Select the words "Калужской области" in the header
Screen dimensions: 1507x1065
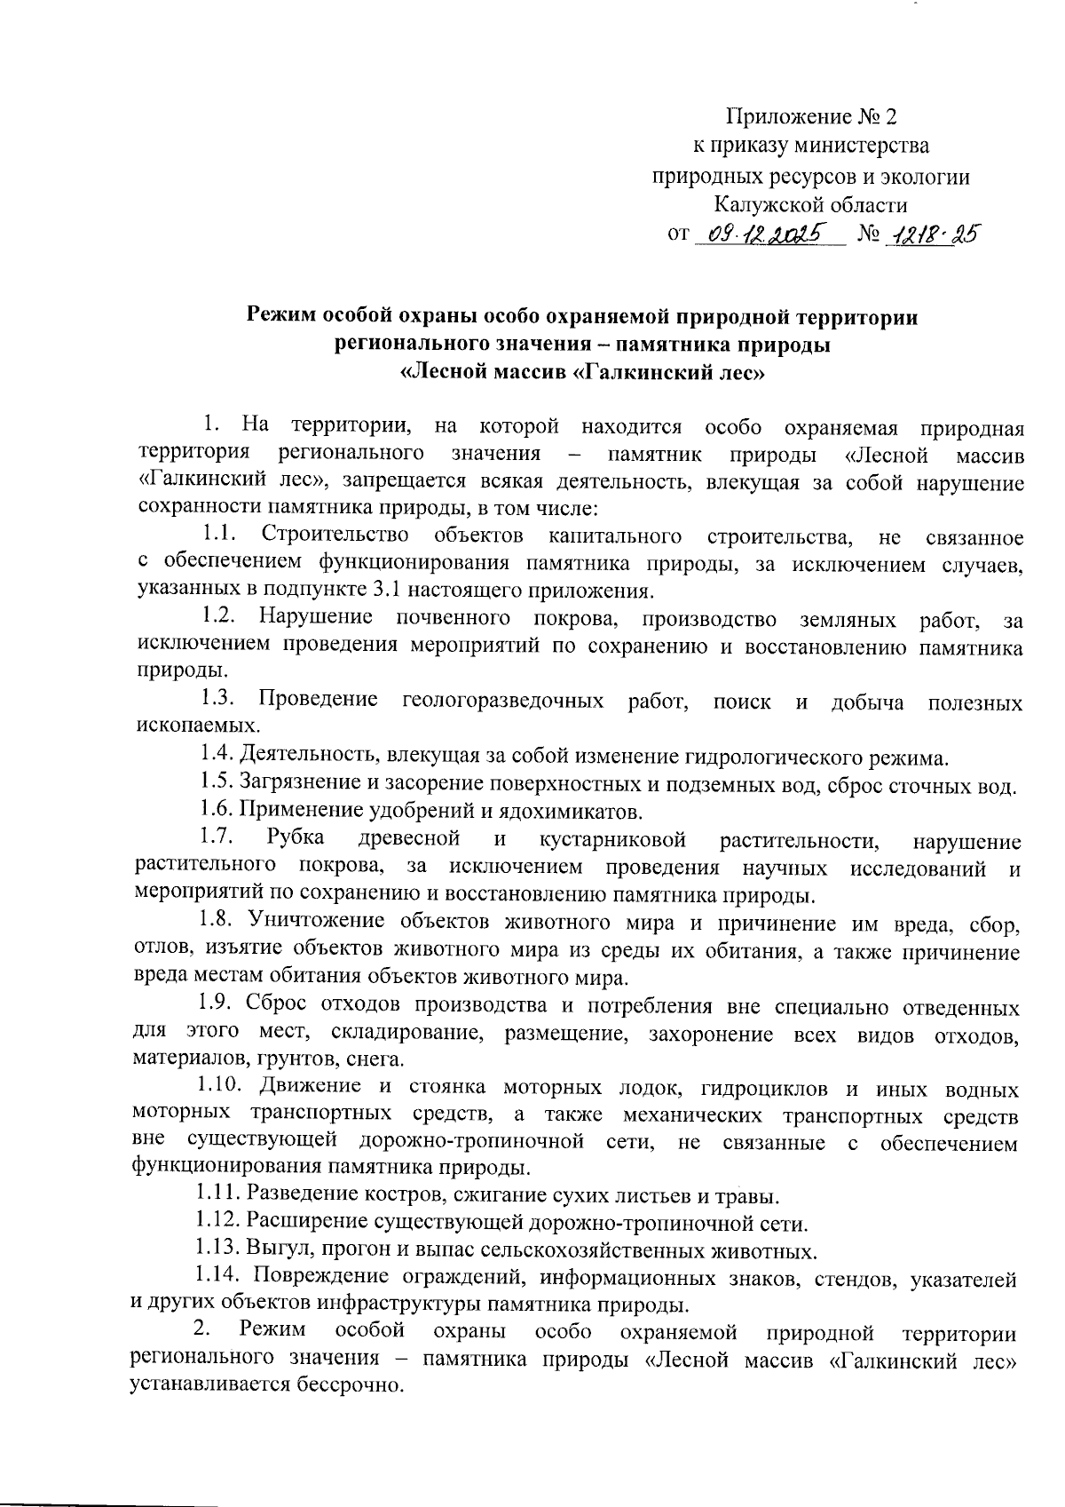pyautogui.click(x=811, y=204)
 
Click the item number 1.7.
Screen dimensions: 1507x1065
pyautogui.click(x=217, y=838)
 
